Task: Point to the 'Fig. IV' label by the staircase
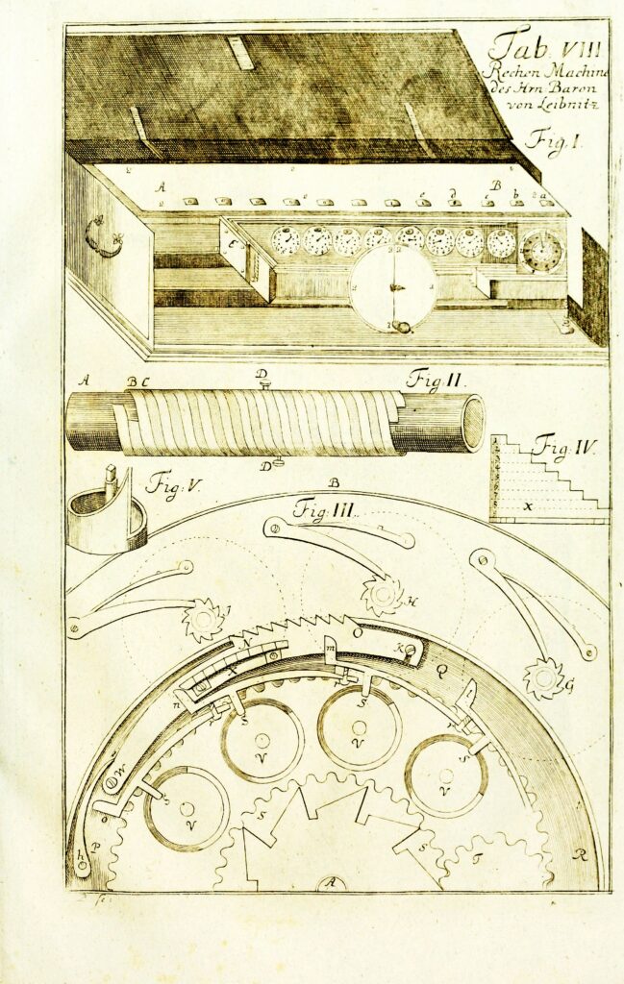pyautogui.click(x=564, y=447)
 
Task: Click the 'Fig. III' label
pyautogui.click(x=324, y=508)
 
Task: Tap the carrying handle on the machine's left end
pyautogui.click(x=104, y=238)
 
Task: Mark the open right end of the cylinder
pyautogui.click(x=473, y=423)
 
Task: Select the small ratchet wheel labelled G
pyautogui.click(x=543, y=678)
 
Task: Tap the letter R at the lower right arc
pyautogui.click(x=579, y=854)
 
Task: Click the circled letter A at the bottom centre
pyautogui.click(x=331, y=882)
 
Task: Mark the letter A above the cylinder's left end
pyautogui.click(x=85, y=379)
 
